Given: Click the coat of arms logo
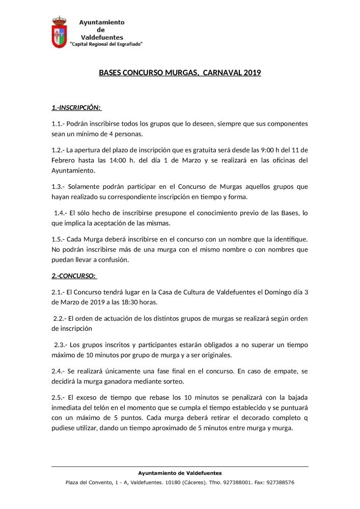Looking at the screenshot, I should (x=60, y=33).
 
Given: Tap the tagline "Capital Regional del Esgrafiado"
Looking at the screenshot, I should (x=106, y=44).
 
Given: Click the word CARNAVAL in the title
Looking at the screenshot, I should (x=221, y=73).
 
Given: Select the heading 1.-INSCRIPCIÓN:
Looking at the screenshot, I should (x=76, y=108).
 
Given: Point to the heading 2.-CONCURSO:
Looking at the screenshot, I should (x=74, y=275).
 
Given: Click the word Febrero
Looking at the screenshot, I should (x=64, y=160).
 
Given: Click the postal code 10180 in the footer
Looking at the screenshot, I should (x=190, y=482).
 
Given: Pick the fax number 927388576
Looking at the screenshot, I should (x=278, y=482).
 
